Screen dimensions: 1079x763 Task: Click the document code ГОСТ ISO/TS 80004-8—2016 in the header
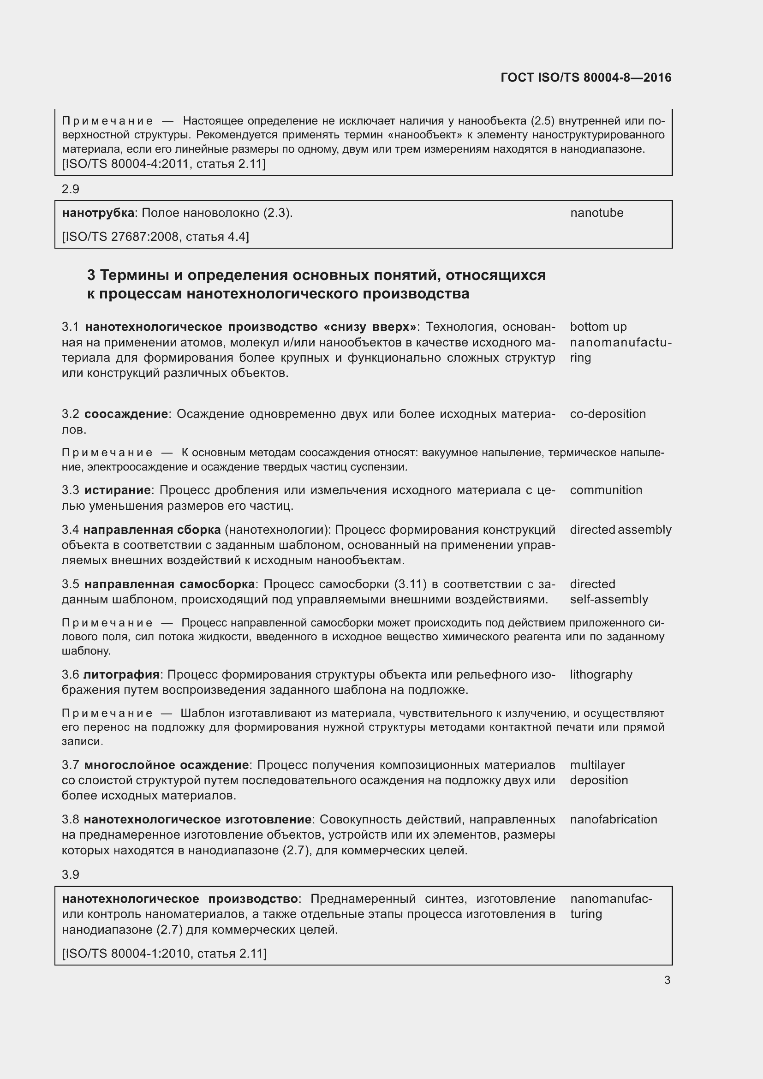coord(586,77)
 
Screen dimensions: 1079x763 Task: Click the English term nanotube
coord(596,213)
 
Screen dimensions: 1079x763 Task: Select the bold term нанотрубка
coord(98,213)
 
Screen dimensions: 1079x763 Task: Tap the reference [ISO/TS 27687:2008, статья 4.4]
coord(155,236)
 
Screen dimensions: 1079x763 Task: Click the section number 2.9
coord(71,189)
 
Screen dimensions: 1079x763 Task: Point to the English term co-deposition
coord(608,414)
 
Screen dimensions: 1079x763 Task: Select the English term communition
coord(606,490)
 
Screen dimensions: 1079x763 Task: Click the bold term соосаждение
coord(126,414)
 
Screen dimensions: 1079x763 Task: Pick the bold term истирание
coord(118,490)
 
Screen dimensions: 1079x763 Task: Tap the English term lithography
coord(601,674)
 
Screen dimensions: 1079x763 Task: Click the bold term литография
coord(121,674)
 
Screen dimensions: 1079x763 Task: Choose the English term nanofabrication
coord(614,819)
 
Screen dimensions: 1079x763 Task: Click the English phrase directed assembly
coord(620,530)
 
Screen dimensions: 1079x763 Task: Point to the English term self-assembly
coord(609,599)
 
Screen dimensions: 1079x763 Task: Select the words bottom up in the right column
coord(598,327)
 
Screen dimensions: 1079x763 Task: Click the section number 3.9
coord(71,875)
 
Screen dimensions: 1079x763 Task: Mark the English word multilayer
coord(597,764)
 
